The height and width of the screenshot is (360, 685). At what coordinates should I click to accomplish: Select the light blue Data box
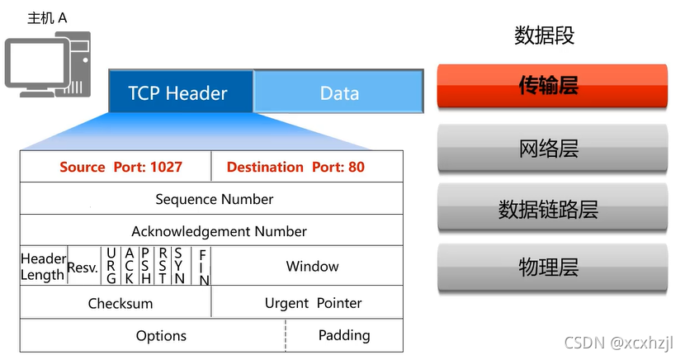(338, 92)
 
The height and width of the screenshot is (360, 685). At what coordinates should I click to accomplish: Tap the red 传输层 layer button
(552, 85)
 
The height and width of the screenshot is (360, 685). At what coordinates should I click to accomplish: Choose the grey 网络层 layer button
(552, 149)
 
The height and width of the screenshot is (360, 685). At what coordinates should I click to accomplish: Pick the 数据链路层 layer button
(552, 209)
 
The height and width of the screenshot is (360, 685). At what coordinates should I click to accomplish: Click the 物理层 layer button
(552, 268)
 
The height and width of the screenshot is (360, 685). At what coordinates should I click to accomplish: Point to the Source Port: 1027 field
(120, 167)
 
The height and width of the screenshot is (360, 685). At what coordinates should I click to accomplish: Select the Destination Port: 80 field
(295, 167)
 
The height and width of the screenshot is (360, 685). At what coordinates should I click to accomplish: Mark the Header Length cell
(43, 266)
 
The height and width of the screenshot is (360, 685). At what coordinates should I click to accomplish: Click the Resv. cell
(83, 267)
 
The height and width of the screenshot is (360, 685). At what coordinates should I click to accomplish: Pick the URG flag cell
(111, 266)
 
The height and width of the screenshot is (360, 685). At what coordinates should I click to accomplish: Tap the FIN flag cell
(203, 267)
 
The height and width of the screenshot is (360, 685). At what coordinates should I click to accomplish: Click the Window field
(312, 266)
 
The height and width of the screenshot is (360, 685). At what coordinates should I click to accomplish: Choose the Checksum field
(120, 303)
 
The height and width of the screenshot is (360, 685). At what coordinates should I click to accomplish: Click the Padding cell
(344, 334)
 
